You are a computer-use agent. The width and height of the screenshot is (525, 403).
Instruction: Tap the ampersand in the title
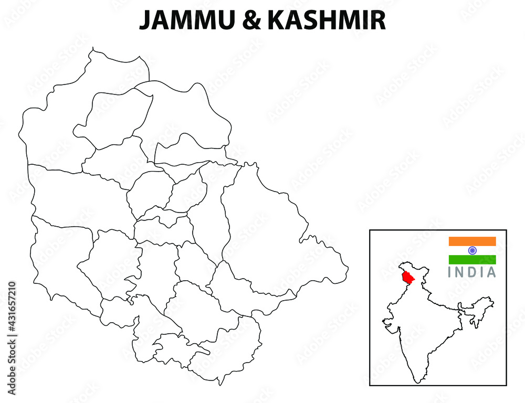pos(247,21)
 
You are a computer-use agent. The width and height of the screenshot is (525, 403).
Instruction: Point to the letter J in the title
pos(144,21)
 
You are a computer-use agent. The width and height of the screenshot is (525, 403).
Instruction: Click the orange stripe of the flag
pos(472,241)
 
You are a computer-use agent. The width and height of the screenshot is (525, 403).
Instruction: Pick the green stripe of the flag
pos(472,260)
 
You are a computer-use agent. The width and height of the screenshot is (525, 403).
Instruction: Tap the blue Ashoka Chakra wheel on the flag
pos(472,250)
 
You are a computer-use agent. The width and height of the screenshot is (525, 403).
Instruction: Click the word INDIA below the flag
pos(471,272)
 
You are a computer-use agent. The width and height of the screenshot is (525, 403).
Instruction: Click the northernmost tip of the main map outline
pos(93,48)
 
